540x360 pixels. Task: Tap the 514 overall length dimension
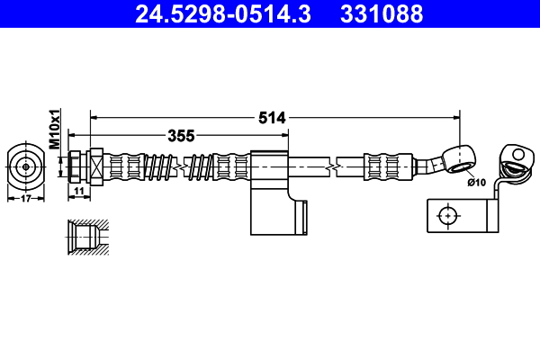[272, 117]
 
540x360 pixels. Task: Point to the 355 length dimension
[182, 136]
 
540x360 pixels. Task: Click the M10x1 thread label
[54, 129]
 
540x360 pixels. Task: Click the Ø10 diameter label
[476, 183]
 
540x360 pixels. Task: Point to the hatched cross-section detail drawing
[87, 236]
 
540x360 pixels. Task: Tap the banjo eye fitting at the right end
[459, 157]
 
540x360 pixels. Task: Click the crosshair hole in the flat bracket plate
[446, 216]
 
